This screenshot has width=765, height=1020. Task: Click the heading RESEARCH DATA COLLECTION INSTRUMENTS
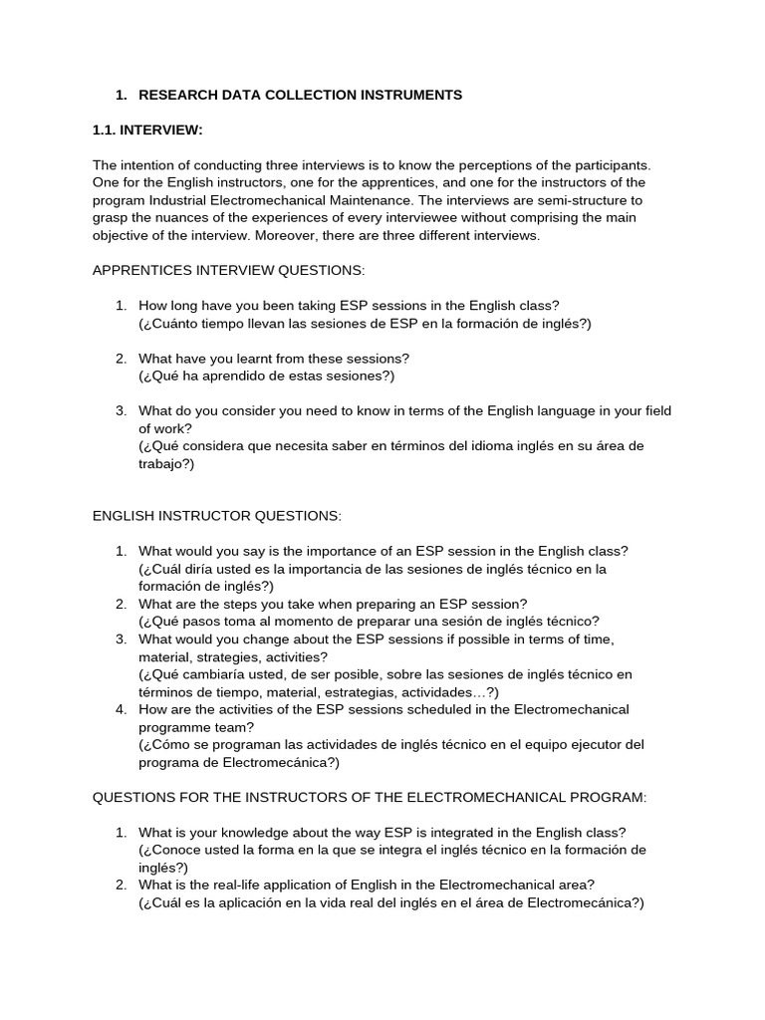pyautogui.click(x=300, y=96)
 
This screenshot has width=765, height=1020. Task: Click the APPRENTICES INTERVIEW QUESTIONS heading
pyautogui.click(x=228, y=271)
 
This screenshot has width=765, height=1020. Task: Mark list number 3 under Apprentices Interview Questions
pyautogui.click(x=121, y=410)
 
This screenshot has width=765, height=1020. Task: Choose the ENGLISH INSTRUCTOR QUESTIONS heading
pyautogui.click(x=216, y=516)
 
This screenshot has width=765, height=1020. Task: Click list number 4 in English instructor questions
pyautogui.click(x=121, y=709)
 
